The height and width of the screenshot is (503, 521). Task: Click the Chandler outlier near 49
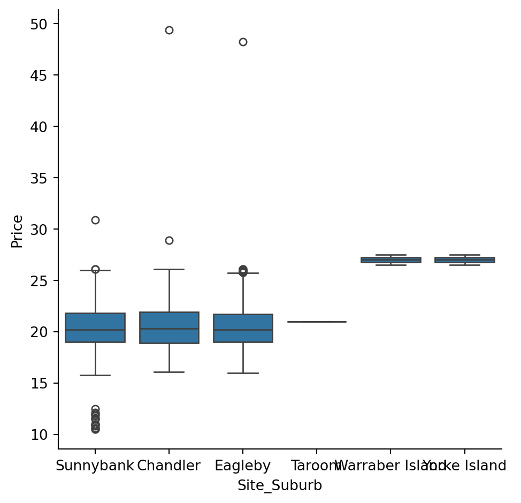[169, 30]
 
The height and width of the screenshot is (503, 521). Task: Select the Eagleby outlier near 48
[243, 42]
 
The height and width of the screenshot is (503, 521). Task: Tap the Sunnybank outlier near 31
[95, 220]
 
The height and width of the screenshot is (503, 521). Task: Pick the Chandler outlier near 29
[169, 240]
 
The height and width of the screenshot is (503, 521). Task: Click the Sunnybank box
[95, 327]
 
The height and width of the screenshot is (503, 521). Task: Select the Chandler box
[169, 327]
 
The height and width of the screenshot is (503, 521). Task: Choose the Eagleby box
[243, 328]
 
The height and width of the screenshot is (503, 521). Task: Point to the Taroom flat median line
[317, 322]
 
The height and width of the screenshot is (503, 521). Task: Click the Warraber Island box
[390, 260]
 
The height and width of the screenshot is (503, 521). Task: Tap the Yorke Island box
[464, 260]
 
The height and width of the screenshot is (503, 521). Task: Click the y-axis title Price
[18, 231]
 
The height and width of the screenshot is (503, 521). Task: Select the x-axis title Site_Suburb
[280, 485]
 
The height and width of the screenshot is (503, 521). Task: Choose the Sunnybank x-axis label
[95, 466]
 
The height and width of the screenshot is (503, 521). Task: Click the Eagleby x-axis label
[242, 466]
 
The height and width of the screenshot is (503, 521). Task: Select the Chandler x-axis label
[168, 466]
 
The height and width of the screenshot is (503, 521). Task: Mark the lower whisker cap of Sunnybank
[95, 375]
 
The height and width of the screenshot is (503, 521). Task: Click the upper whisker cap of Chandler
[169, 269]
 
